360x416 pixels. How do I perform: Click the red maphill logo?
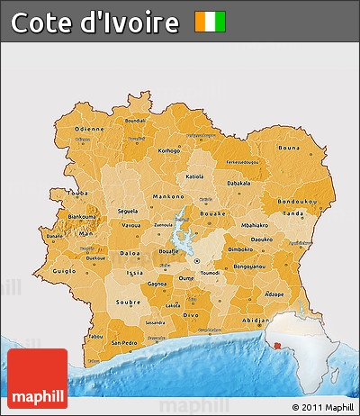pyautogui.click(x=37, y=379)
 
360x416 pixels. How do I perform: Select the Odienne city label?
pyautogui.click(x=89, y=129)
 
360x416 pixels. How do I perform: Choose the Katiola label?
pyautogui.click(x=194, y=177)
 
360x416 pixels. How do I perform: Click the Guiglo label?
pyautogui.click(x=66, y=270)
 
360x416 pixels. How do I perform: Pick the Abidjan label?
pyautogui.click(x=256, y=320)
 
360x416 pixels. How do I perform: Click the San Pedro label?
pyautogui.click(x=125, y=343)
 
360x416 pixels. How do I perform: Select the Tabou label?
pyautogui.click(x=94, y=338)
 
